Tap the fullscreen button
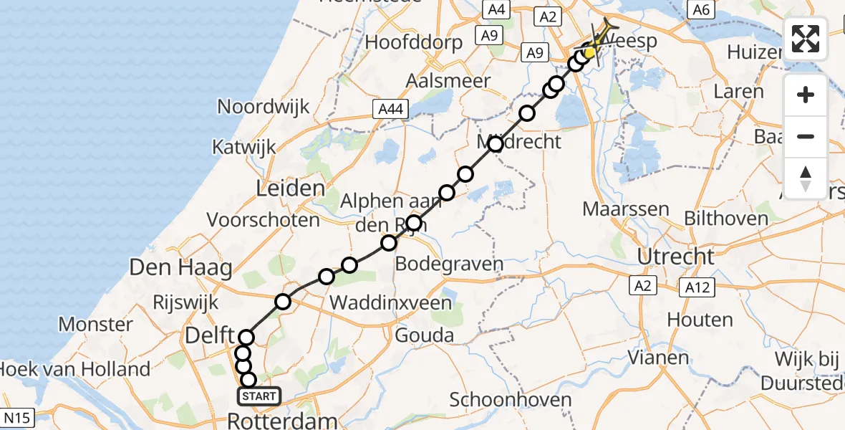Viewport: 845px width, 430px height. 806,39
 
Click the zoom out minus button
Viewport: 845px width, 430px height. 806,136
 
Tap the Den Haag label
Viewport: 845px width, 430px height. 180,269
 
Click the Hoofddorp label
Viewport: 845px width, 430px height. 414,42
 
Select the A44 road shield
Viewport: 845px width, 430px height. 390,108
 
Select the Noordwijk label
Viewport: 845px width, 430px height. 264,107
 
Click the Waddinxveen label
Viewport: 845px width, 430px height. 390,303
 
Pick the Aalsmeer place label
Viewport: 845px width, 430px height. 448,81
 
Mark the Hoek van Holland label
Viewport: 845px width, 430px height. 74,370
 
